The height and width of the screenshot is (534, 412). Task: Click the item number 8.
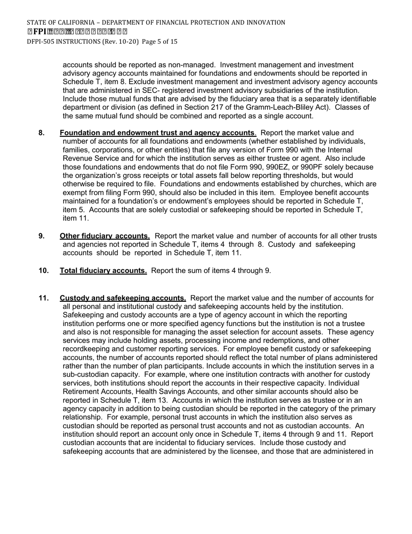click(x=42, y=133)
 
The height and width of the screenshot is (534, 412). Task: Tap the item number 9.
click(x=42, y=236)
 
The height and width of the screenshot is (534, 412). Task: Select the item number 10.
click(x=43, y=271)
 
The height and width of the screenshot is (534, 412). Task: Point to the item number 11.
click(x=43, y=298)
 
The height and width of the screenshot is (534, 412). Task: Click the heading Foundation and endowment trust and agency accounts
click(x=157, y=133)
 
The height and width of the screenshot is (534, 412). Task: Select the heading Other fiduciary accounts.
click(x=105, y=236)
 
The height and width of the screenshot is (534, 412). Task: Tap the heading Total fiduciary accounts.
click(x=103, y=271)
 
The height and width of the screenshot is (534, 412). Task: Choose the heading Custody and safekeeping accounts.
click(x=123, y=298)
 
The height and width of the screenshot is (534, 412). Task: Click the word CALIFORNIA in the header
click(x=71, y=23)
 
